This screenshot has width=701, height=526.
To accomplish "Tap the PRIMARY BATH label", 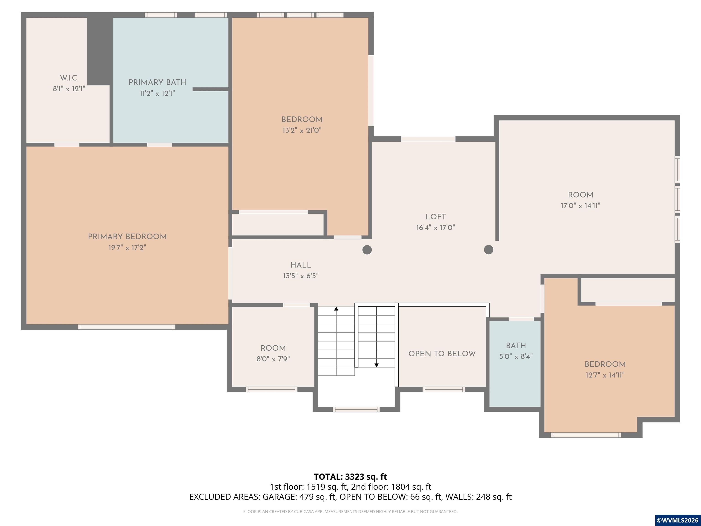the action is coord(157,82).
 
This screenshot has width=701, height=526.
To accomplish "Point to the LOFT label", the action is coord(435,217).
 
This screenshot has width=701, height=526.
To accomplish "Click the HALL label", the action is coord(301,265).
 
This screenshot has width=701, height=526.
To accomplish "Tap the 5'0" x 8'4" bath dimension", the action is coord(516,356).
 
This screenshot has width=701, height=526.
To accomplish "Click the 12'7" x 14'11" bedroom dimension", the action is coord(605,375).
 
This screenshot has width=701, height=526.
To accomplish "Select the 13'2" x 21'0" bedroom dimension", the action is coord(302,130).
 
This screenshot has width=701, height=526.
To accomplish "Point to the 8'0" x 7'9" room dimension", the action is coord(273,359).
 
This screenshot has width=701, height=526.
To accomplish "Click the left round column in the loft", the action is coord(367,250).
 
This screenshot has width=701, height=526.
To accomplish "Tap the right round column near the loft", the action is coord(489,250).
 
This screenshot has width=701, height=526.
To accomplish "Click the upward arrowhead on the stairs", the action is coord(336,308).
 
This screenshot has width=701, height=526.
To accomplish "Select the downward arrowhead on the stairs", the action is coord(377,365).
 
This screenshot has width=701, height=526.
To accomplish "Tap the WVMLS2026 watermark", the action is coord(677,520).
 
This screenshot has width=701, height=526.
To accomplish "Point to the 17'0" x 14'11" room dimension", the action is coord(580,206).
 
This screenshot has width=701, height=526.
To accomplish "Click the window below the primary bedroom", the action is coord(126,327).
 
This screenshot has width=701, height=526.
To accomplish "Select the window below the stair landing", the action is coord(356,409).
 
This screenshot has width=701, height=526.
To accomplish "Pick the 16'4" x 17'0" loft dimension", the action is coord(435,228).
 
